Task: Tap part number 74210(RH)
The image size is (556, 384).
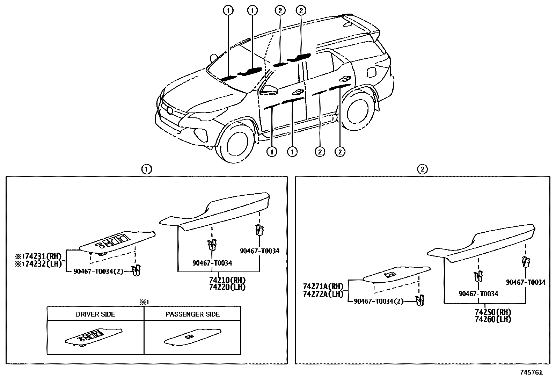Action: coord(227,280)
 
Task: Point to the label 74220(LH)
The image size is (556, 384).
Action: coord(227,287)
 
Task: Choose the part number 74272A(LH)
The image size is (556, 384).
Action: coord(323,294)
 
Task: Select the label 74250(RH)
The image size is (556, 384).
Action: coord(493,312)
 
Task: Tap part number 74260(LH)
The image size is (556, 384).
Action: coord(493,319)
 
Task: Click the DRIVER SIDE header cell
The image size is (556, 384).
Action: coord(95,314)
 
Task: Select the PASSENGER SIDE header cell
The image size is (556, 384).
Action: coord(192,314)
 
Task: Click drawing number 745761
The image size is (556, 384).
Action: coord(531,372)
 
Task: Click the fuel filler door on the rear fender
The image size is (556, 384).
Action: coord(371,71)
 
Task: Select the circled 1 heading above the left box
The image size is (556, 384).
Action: coord(146,169)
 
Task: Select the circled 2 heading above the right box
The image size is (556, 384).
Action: coord(422,169)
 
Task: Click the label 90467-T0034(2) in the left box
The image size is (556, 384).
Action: coord(98,271)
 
